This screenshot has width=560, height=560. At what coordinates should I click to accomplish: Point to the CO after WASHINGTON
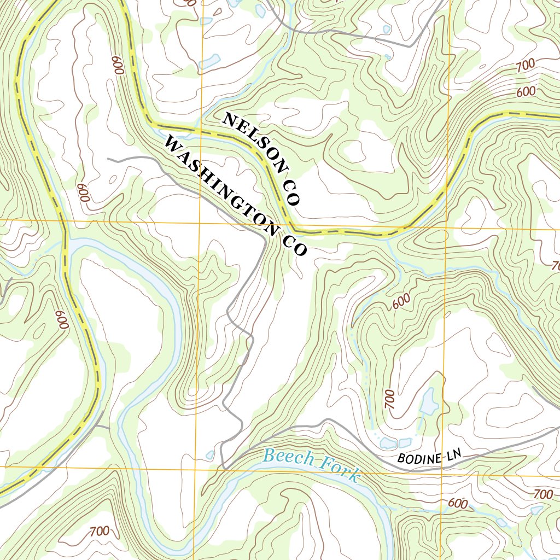(295, 243)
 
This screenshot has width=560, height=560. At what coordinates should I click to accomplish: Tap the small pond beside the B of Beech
(209, 454)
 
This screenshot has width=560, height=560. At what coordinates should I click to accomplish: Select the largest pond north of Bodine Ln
(428, 402)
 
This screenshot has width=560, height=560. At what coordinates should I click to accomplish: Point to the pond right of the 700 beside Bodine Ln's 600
(536, 510)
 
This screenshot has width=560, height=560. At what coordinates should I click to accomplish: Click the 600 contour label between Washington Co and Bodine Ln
(401, 301)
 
